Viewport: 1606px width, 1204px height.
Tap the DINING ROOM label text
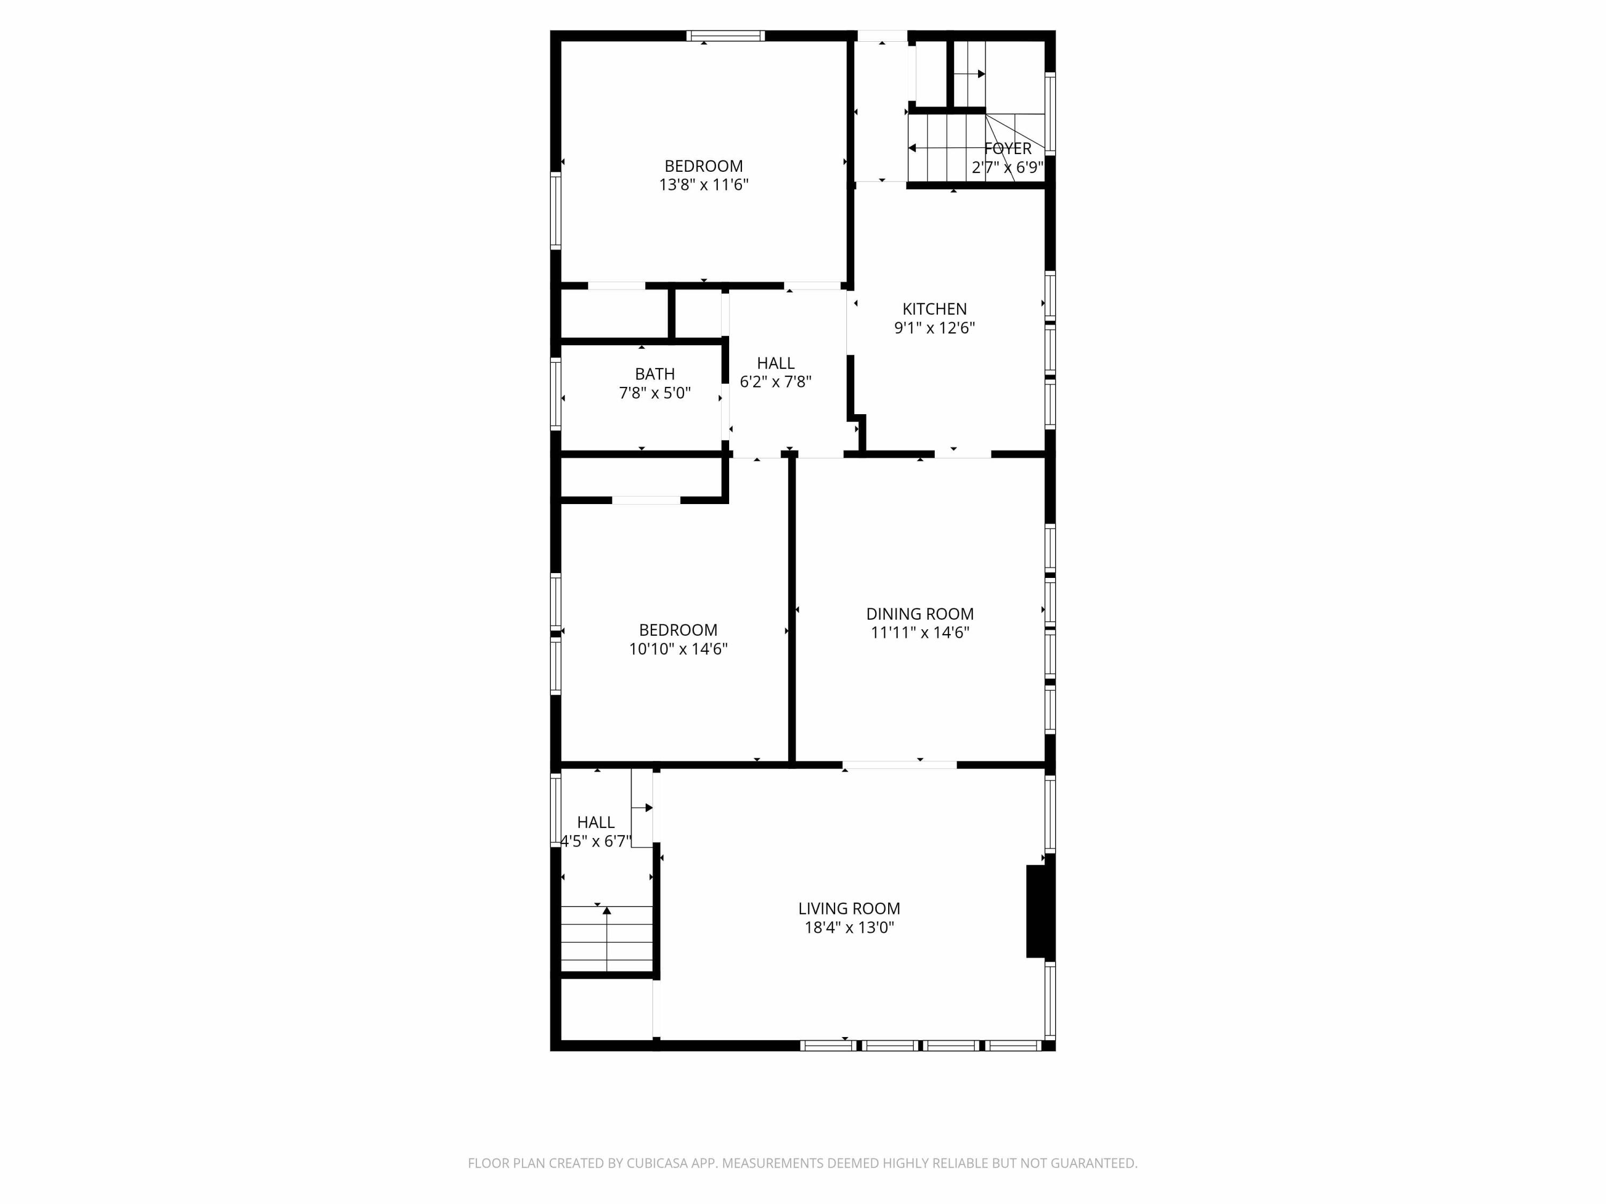click(x=919, y=614)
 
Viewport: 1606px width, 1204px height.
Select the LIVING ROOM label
click(x=849, y=909)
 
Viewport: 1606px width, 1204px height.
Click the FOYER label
click(x=1007, y=149)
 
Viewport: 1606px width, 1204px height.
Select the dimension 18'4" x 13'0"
click(x=849, y=927)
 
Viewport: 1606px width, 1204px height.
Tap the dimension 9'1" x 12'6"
click(x=934, y=328)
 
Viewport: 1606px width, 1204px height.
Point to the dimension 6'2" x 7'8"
click(x=775, y=382)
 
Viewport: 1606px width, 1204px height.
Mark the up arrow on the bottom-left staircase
click(x=607, y=911)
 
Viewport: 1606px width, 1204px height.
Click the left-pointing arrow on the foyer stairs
click(x=913, y=148)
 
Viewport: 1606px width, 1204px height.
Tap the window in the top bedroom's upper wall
click(x=725, y=35)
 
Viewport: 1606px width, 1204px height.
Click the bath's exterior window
click(x=556, y=394)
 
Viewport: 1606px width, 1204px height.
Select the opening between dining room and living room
click(x=899, y=765)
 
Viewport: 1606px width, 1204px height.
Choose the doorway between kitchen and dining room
click(x=962, y=454)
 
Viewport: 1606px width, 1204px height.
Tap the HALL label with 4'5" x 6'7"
click(x=595, y=822)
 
